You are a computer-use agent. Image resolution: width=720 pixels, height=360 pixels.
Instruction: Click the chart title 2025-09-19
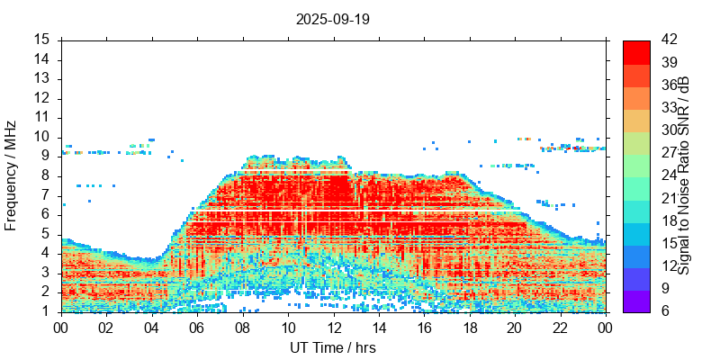(x=332, y=18)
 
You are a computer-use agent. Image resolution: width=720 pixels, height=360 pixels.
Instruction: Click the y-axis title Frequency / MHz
(x=12, y=176)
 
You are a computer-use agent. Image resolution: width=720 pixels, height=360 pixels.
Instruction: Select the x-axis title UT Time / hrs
(x=332, y=347)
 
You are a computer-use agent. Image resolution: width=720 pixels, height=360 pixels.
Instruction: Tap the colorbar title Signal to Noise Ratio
(x=685, y=176)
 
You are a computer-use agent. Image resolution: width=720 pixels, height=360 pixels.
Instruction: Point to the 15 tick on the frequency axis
(x=41, y=40)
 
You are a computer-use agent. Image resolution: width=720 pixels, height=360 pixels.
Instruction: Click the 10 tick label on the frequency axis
(x=41, y=137)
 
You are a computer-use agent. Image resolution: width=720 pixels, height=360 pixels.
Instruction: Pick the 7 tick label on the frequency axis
(x=45, y=195)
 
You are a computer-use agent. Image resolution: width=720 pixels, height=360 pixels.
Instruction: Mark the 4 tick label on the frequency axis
(x=45, y=253)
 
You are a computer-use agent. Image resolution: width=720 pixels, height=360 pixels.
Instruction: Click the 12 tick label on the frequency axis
(x=41, y=98)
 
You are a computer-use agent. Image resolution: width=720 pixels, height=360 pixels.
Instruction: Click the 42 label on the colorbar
(x=668, y=40)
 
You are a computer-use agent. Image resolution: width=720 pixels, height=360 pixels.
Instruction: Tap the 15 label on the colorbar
(x=668, y=244)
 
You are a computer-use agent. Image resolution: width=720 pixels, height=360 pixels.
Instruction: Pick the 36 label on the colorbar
(x=668, y=85)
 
